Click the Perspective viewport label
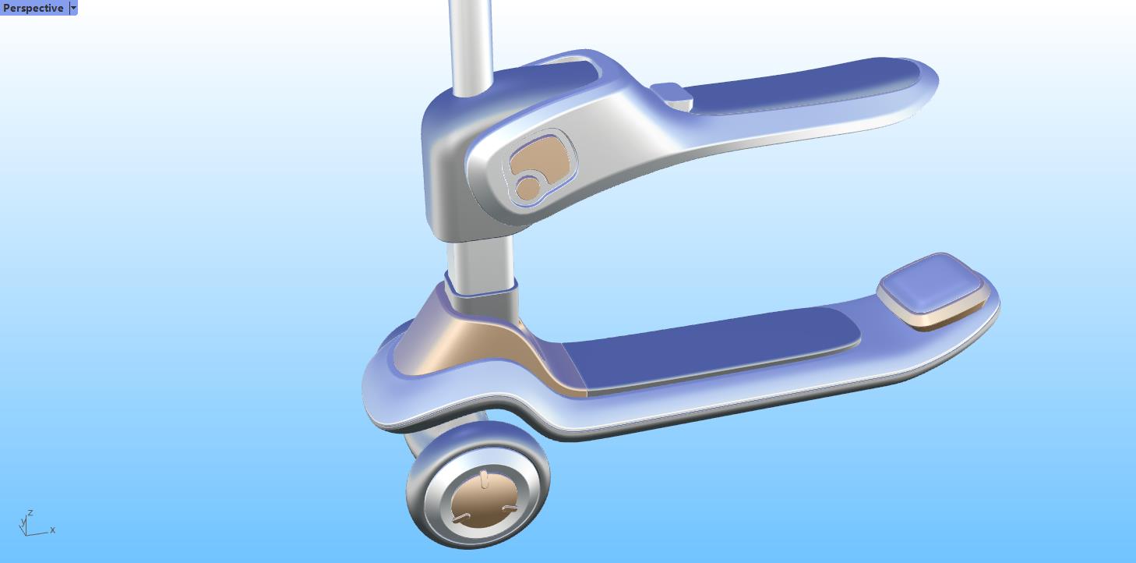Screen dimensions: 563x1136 [x=34, y=8]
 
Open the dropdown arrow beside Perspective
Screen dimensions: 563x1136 [x=73, y=8]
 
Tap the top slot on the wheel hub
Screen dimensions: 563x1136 [x=484, y=478]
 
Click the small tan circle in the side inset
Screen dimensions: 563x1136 [x=528, y=188]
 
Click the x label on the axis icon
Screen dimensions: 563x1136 [x=53, y=530]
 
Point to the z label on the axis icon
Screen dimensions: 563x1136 [x=30, y=513]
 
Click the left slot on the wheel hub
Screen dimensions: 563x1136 [x=462, y=517]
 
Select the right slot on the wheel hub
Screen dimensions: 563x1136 [x=510, y=509]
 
